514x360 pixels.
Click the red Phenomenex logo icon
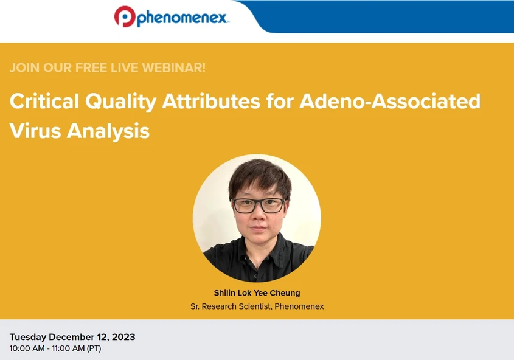(x=124, y=16)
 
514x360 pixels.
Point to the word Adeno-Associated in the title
(x=390, y=102)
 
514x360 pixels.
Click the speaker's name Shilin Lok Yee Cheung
(x=257, y=293)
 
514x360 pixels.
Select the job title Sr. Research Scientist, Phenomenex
(x=257, y=306)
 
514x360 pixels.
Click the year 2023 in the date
(x=123, y=337)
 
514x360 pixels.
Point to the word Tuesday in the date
(x=28, y=337)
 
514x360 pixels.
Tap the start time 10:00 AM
(x=27, y=348)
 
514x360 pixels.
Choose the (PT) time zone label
(x=94, y=348)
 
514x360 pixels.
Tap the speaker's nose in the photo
(x=258, y=216)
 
